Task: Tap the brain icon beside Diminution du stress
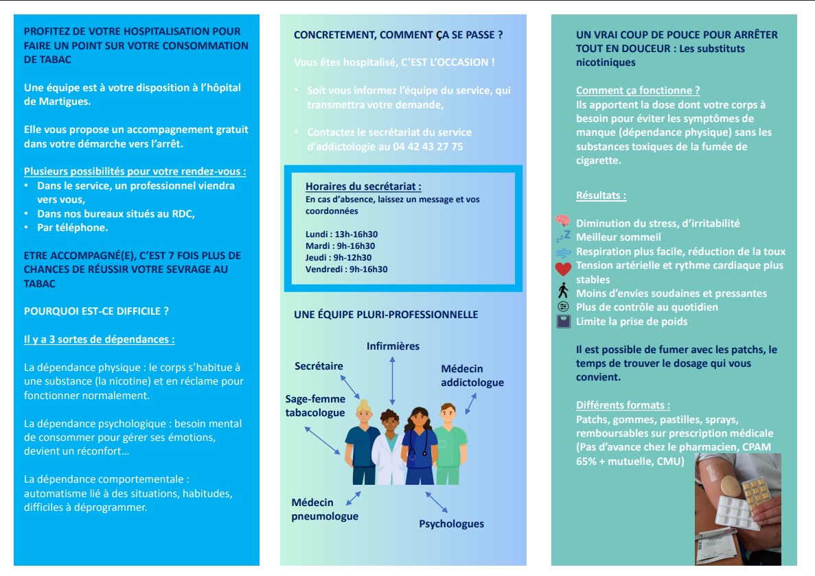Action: [563, 221]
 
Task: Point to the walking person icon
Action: [563, 291]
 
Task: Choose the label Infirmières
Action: [393, 346]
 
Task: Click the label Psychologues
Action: [451, 524]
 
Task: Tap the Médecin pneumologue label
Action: [325, 509]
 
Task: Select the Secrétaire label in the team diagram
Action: [319, 366]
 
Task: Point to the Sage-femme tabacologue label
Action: [315, 406]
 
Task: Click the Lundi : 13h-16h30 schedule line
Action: [341, 235]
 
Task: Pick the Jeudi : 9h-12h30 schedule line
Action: [338, 258]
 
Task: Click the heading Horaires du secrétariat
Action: [363, 187]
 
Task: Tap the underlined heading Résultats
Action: [601, 195]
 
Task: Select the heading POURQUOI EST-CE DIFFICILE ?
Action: [96, 311]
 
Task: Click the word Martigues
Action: [60, 101]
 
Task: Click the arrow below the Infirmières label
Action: [392, 381]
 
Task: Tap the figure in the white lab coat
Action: [388, 446]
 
